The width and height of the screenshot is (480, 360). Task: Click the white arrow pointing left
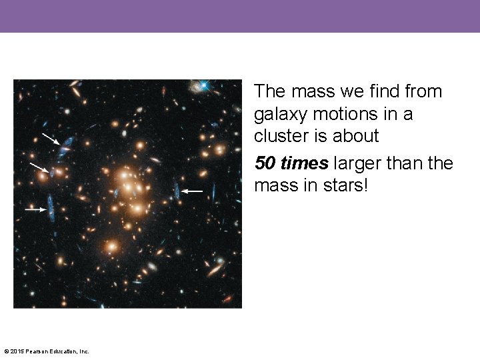193,191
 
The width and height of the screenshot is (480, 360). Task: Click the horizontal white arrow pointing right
35,209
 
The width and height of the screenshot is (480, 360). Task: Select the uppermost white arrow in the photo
51,139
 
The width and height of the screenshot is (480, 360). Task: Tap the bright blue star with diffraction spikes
204,85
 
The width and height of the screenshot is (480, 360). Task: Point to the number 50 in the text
265,163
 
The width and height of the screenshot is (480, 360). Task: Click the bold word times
305,163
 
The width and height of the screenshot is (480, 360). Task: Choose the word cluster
282,136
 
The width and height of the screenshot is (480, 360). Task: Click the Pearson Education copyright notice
47,351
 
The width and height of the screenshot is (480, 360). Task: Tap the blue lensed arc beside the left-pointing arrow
177,191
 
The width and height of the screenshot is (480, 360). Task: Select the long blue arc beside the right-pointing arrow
51,207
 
